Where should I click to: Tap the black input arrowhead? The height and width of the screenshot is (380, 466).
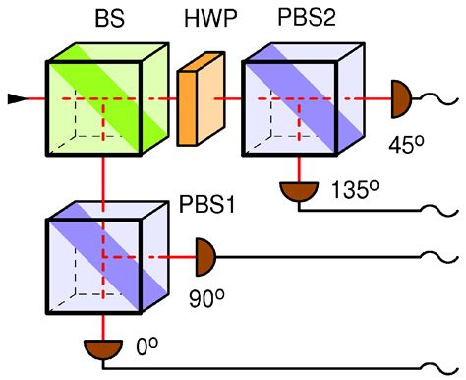[x=17, y=98]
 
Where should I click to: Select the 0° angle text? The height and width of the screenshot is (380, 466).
[x=146, y=347]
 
